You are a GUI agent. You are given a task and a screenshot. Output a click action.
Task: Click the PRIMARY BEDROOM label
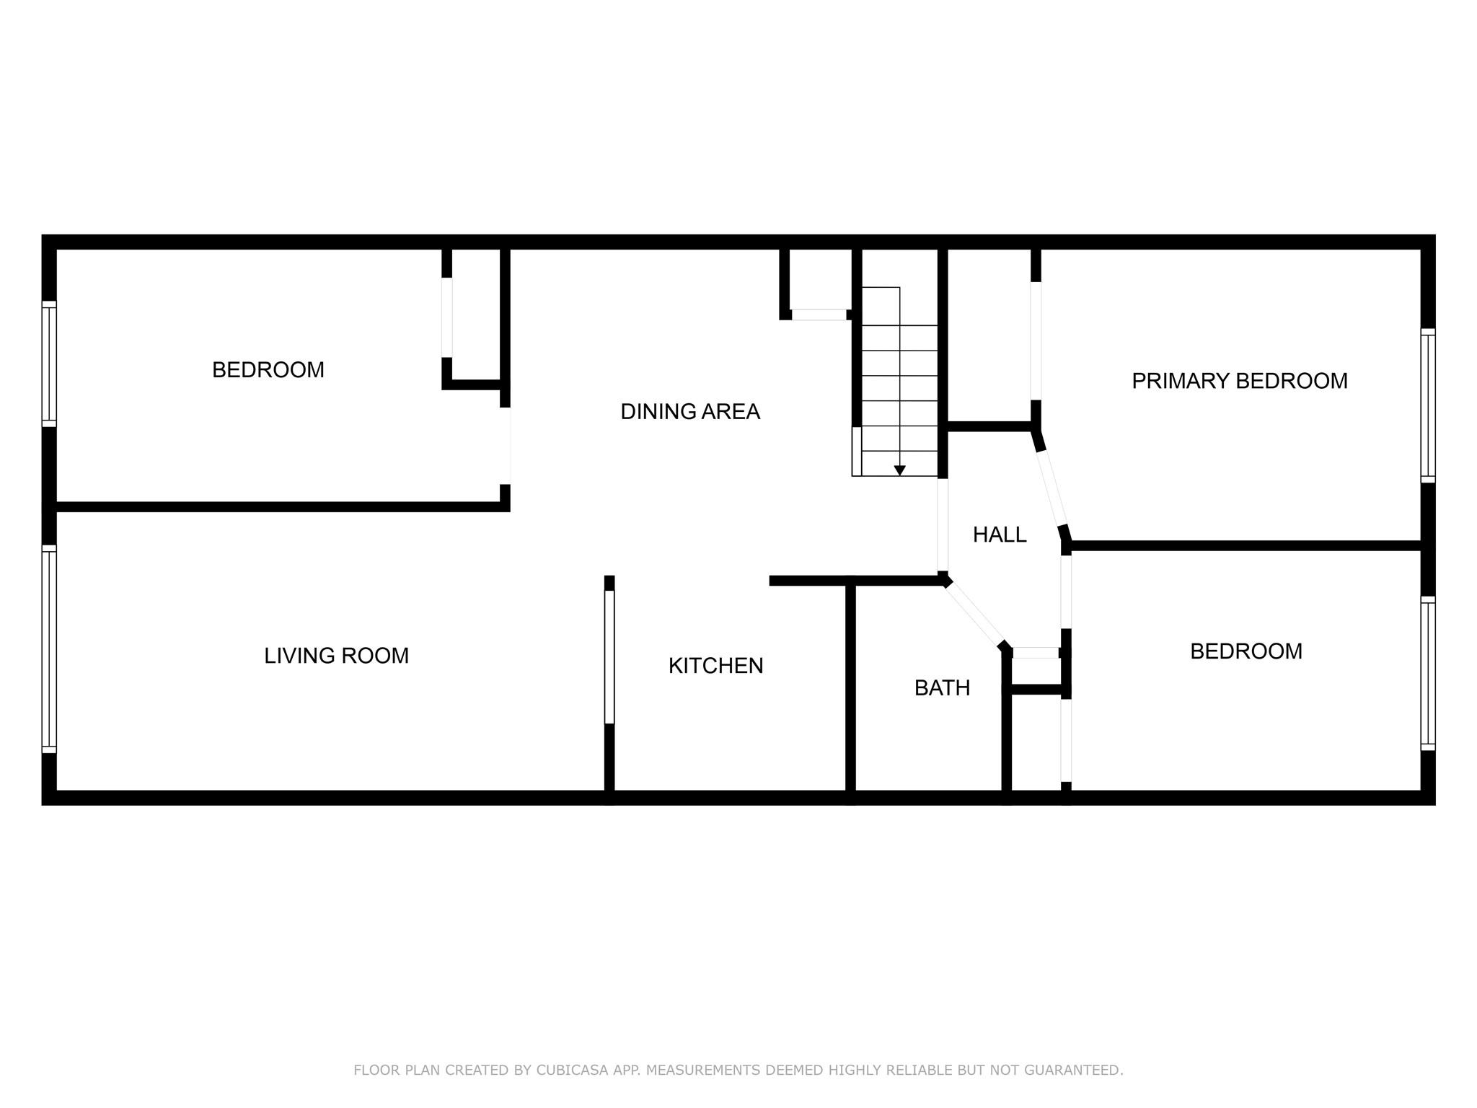click(1239, 381)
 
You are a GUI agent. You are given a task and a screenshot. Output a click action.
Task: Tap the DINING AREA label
click(690, 412)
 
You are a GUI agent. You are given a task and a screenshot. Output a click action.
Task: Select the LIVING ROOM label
click(336, 656)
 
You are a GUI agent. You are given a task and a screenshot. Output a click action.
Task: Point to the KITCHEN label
click(715, 666)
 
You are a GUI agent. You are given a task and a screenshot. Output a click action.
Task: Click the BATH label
click(942, 688)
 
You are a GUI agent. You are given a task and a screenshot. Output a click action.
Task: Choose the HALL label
click(999, 535)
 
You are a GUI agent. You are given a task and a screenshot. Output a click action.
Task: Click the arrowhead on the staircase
click(899, 470)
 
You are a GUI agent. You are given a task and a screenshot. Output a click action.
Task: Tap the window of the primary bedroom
click(1427, 405)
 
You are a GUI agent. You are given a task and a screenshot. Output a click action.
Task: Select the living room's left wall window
click(49, 648)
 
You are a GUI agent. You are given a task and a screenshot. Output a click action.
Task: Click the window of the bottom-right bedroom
click(1427, 674)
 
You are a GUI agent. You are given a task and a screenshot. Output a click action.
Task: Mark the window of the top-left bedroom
click(49, 364)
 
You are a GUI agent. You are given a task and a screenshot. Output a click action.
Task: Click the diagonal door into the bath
click(975, 614)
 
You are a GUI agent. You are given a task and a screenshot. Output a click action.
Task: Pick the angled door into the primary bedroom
click(1051, 488)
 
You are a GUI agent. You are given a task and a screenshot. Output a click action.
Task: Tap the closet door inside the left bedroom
click(447, 317)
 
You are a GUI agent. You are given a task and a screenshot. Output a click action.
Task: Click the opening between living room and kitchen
click(609, 656)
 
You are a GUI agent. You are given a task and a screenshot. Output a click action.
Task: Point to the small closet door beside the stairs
click(819, 315)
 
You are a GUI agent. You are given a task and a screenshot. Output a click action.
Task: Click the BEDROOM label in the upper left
click(268, 370)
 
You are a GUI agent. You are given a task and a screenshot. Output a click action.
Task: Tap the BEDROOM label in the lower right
click(1245, 651)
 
